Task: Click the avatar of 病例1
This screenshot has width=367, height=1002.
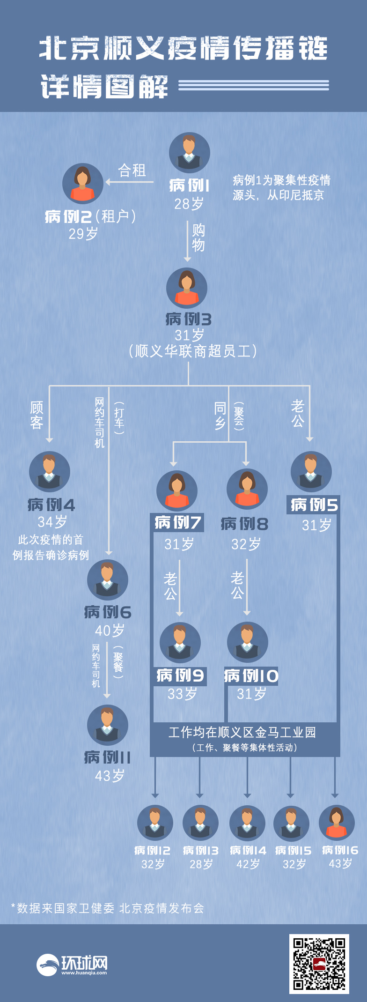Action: pyautogui.click(x=189, y=153)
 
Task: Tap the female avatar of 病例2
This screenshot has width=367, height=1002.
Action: pyautogui.click(x=83, y=184)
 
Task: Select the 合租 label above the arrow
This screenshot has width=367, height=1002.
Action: pyautogui.click(x=132, y=170)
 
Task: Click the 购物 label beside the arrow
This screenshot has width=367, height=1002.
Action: pyautogui.click(x=198, y=238)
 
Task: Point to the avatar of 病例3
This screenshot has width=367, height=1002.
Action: pyautogui.click(x=187, y=288)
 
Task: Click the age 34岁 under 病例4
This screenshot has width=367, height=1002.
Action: pyautogui.click(x=52, y=521)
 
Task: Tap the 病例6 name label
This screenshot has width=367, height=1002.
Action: pyautogui.click(x=108, y=612)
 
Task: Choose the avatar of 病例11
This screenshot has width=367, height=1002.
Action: pyautogui.click(x=107, y=725)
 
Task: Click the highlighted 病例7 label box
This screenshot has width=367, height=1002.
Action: pyautogui.click(x=177, y=522)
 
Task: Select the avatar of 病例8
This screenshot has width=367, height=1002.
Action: pyautogui.click(x=247, y=489)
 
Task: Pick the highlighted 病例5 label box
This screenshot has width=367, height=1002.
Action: pyautogui.click(x=313, y=505)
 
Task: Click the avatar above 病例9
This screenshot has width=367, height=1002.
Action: pyautogui.click(x=180, y=643)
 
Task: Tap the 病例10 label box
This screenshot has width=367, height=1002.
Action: pyautogui.click(x=251, y=676)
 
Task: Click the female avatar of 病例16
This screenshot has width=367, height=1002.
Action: pyautogui.click(x=337, y=823)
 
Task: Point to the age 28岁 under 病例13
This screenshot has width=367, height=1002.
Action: pyautogui.click(x=201, y=864)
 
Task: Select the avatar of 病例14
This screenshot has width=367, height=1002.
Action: pyautogui.click(x=247, y=823)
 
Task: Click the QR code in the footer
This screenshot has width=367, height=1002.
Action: pyautogui.click(x=319, y=964)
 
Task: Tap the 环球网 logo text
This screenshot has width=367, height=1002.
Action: pyautogui.click(x=84, y=962)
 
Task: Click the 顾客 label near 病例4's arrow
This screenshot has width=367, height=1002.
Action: pyautogui.click(x=37, y=415)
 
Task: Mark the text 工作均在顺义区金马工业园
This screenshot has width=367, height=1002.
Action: pyautogui.click(x=242, y=732)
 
